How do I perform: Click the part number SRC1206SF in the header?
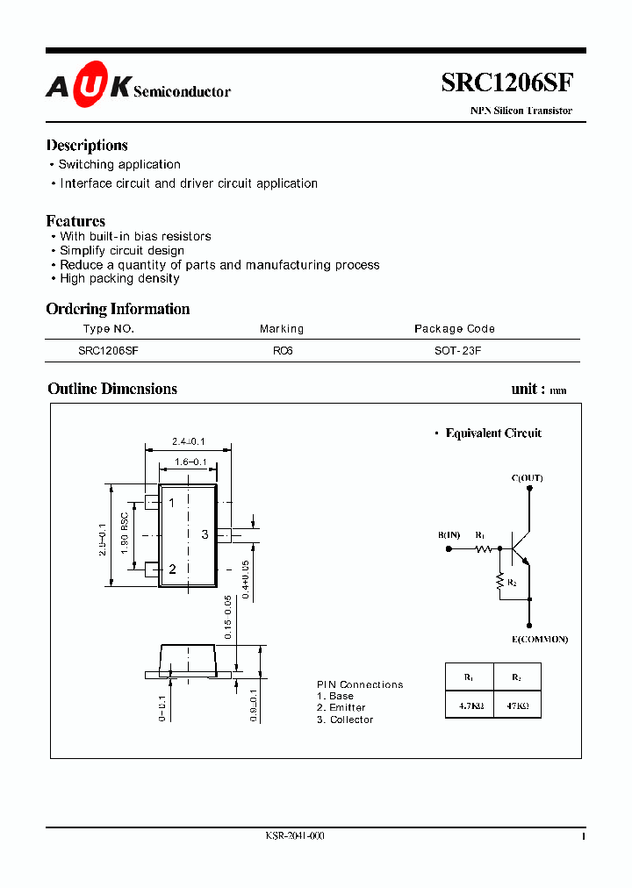[507, 83]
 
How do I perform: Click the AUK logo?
[89, 86]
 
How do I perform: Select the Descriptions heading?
[87, 146]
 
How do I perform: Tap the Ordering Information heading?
[118, 309]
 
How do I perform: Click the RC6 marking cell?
[282, 349]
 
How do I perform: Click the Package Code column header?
[454, 329]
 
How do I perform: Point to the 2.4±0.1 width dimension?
[188, 441]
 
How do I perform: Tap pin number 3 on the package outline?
[205, 534]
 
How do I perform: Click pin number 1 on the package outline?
[172, 503]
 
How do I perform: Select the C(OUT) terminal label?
[527, 478]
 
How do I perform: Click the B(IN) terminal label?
[449, 535]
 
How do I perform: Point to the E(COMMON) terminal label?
[539, 639]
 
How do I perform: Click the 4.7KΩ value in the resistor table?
[469, 704]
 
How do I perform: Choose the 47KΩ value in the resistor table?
[516, 704]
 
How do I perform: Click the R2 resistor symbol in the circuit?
[500, 581]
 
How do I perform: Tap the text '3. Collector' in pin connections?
[345, 720]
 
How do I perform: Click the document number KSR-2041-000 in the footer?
[295, 836]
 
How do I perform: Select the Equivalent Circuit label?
[493, 433]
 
